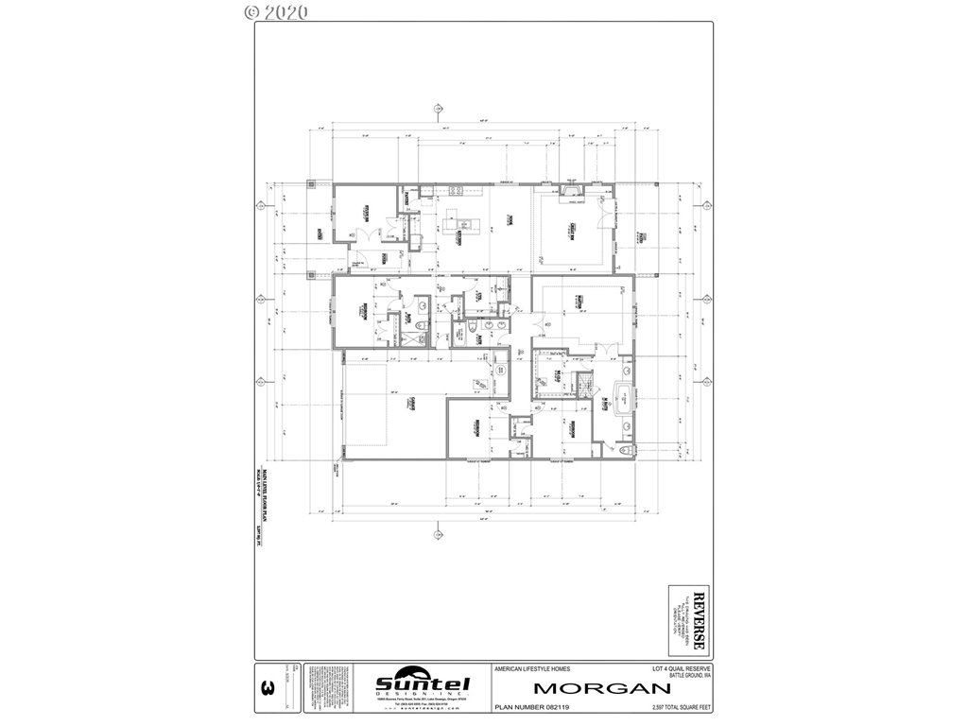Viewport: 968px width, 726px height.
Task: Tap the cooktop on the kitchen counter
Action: pos(453,191)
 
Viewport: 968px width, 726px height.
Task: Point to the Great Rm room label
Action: pos(573,226)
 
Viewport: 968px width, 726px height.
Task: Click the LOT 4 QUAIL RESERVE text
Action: pos(674,668)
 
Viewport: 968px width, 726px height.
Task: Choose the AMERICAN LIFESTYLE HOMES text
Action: pos(532,668)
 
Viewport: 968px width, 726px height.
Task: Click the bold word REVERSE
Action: pos(699,618)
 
